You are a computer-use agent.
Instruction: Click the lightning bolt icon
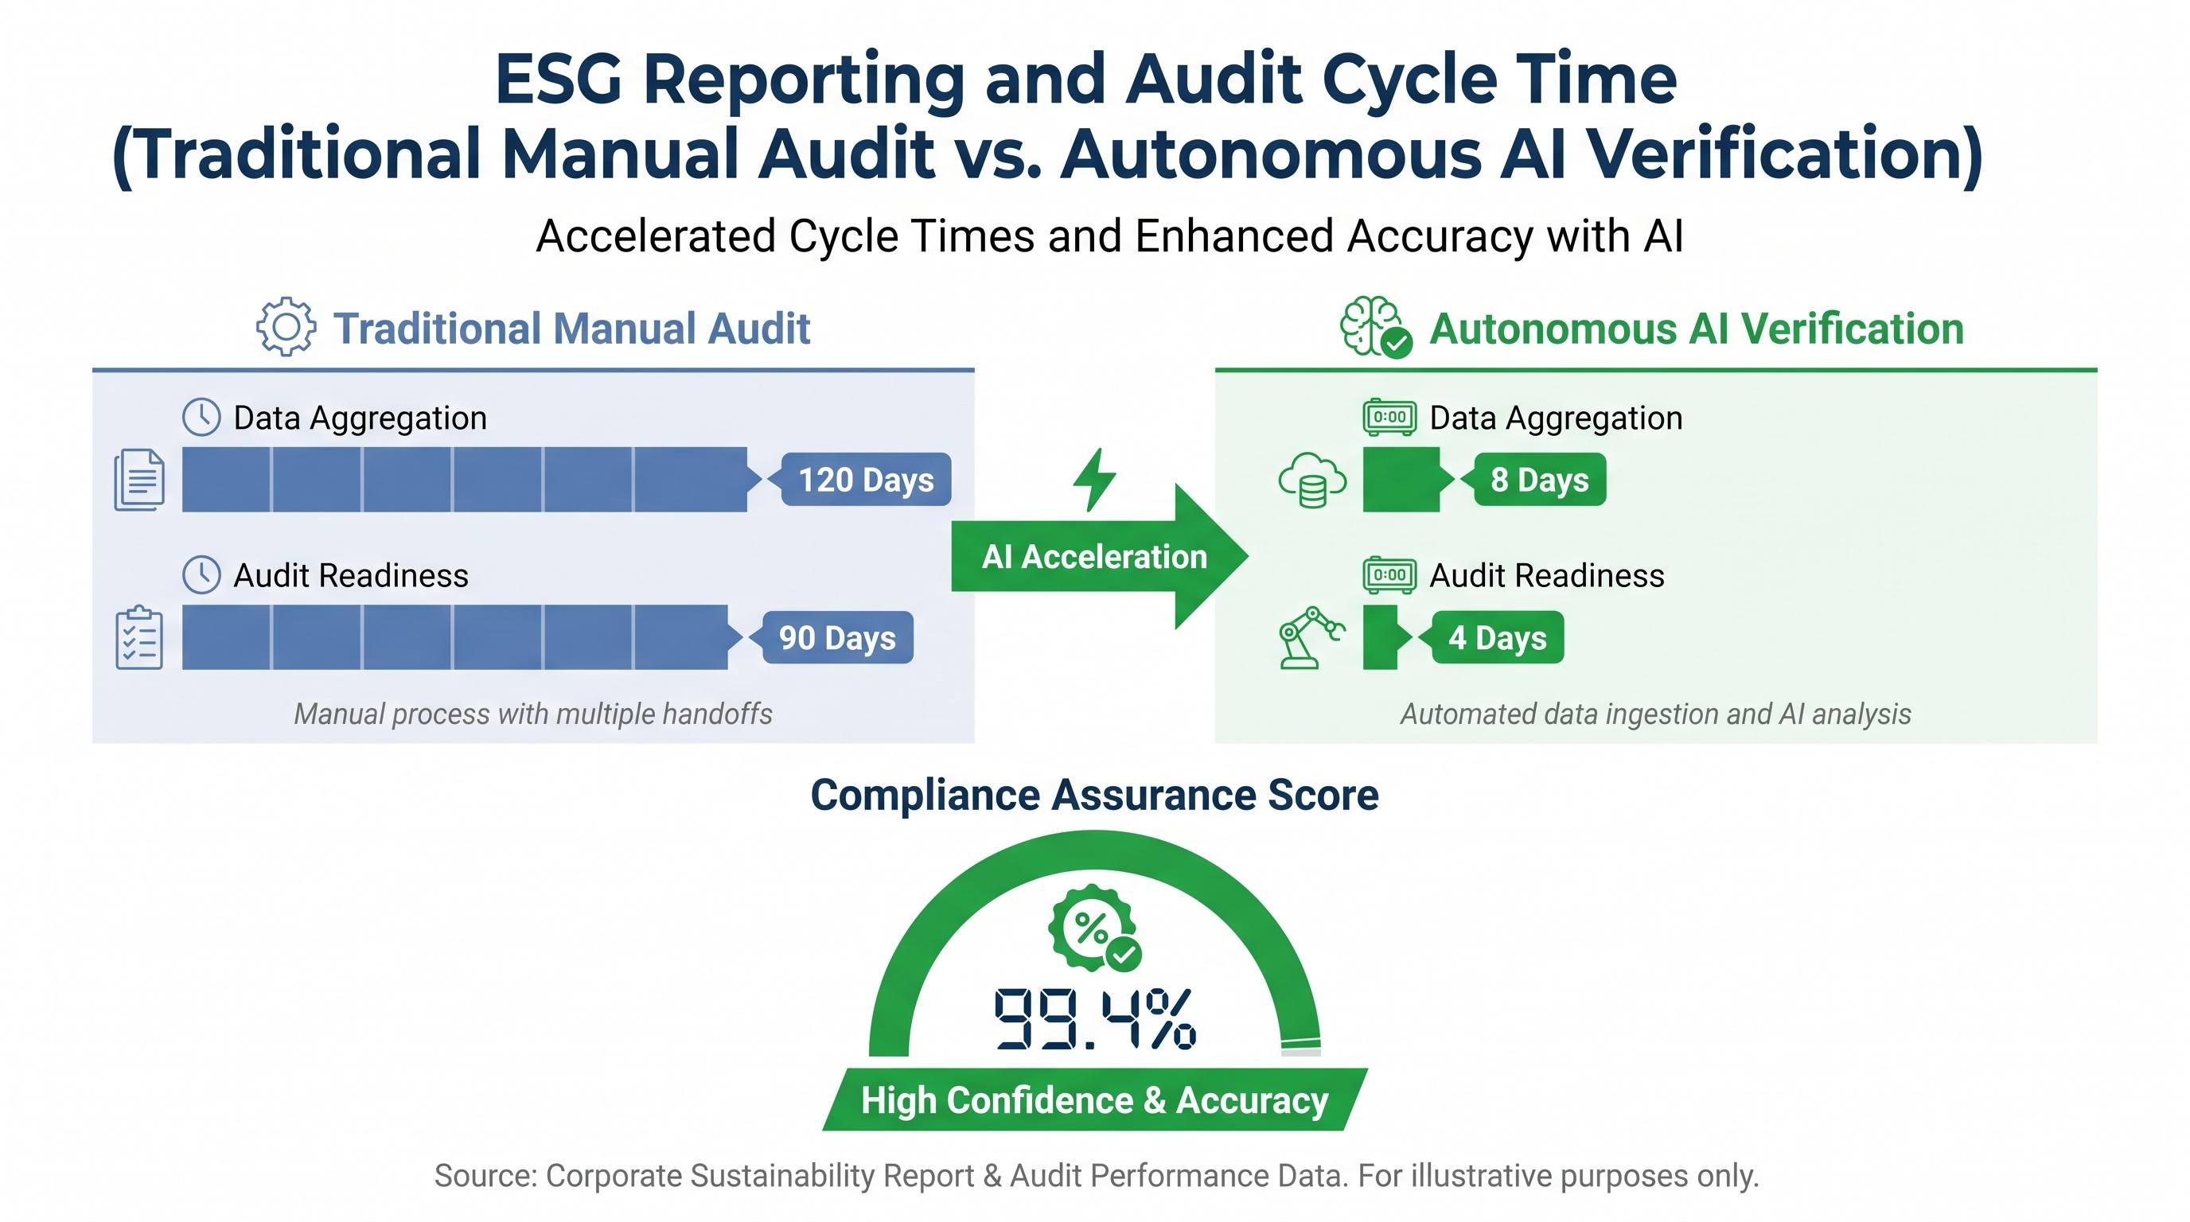pos(1094,481)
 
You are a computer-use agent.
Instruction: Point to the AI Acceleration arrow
pos(1100,557)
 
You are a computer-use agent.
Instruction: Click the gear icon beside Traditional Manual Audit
pos(286,327)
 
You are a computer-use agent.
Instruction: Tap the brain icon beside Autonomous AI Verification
pos(1374,327)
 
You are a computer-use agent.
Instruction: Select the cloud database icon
pos(1311,481)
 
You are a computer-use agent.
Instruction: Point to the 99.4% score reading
pos(1095,1018)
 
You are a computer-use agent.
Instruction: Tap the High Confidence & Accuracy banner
pos(1095,1099)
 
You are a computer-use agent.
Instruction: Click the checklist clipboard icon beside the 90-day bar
pos(139,637)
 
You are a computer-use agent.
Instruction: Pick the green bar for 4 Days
pos(1385,637)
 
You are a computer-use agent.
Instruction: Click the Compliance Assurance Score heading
pos(1094,796)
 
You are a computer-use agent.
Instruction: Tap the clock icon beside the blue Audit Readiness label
pos(201,575)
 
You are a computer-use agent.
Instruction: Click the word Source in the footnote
pos(485,1176)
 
